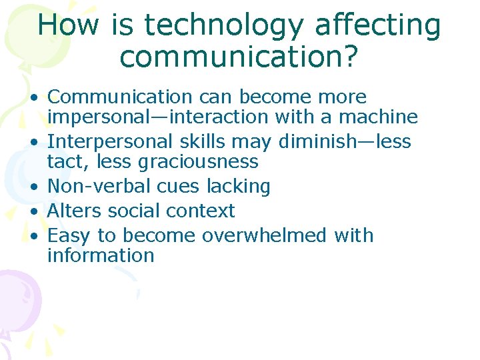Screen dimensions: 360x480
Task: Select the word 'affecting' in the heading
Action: click(377, 25)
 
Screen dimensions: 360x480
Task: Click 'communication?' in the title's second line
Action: click(239, 57)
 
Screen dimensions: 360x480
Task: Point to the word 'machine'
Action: click(379, 117)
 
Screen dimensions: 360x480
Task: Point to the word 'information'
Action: click(101, 255)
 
